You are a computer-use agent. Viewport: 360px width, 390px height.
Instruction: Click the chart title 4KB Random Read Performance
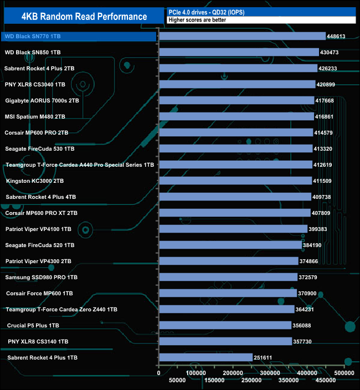[84, 17]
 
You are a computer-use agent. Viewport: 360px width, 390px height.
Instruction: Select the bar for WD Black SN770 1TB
[242, 37]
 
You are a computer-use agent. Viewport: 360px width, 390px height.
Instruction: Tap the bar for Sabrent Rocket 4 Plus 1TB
[205, 358]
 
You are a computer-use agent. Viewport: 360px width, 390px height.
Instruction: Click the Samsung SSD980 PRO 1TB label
[41, 278]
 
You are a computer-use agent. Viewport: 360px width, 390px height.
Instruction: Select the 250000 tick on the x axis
[251, 380]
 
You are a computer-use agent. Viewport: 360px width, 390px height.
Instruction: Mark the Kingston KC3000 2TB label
[35, 181]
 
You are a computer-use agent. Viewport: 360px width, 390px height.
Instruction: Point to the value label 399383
[320, 229]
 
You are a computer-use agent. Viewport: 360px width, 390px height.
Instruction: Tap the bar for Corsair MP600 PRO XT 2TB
[234, 213]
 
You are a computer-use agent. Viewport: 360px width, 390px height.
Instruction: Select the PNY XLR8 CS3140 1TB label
[38, 342]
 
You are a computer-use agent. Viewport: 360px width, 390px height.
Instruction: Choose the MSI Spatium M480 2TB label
[35, 117]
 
